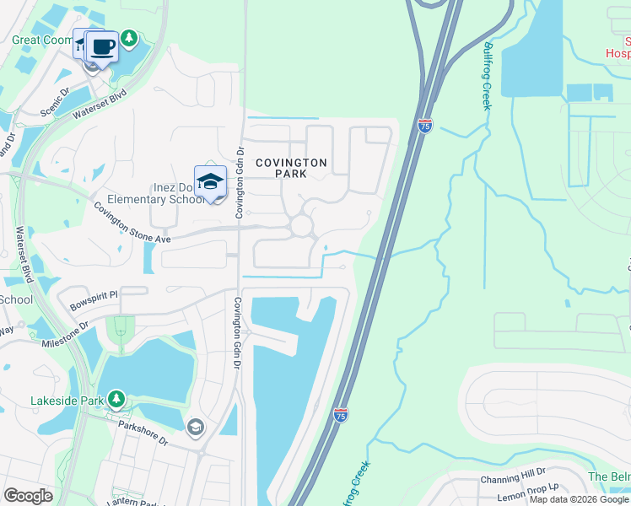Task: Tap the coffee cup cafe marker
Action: point(102,47)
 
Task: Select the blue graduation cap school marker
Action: point(211,180)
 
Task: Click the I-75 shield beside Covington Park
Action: point(425,126)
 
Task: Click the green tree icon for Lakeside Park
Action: point(116,398)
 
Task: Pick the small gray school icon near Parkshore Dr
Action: point(197,428)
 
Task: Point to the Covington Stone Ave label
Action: point(132,224)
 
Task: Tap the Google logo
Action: point(28,496)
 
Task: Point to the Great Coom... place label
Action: point(42,39)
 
